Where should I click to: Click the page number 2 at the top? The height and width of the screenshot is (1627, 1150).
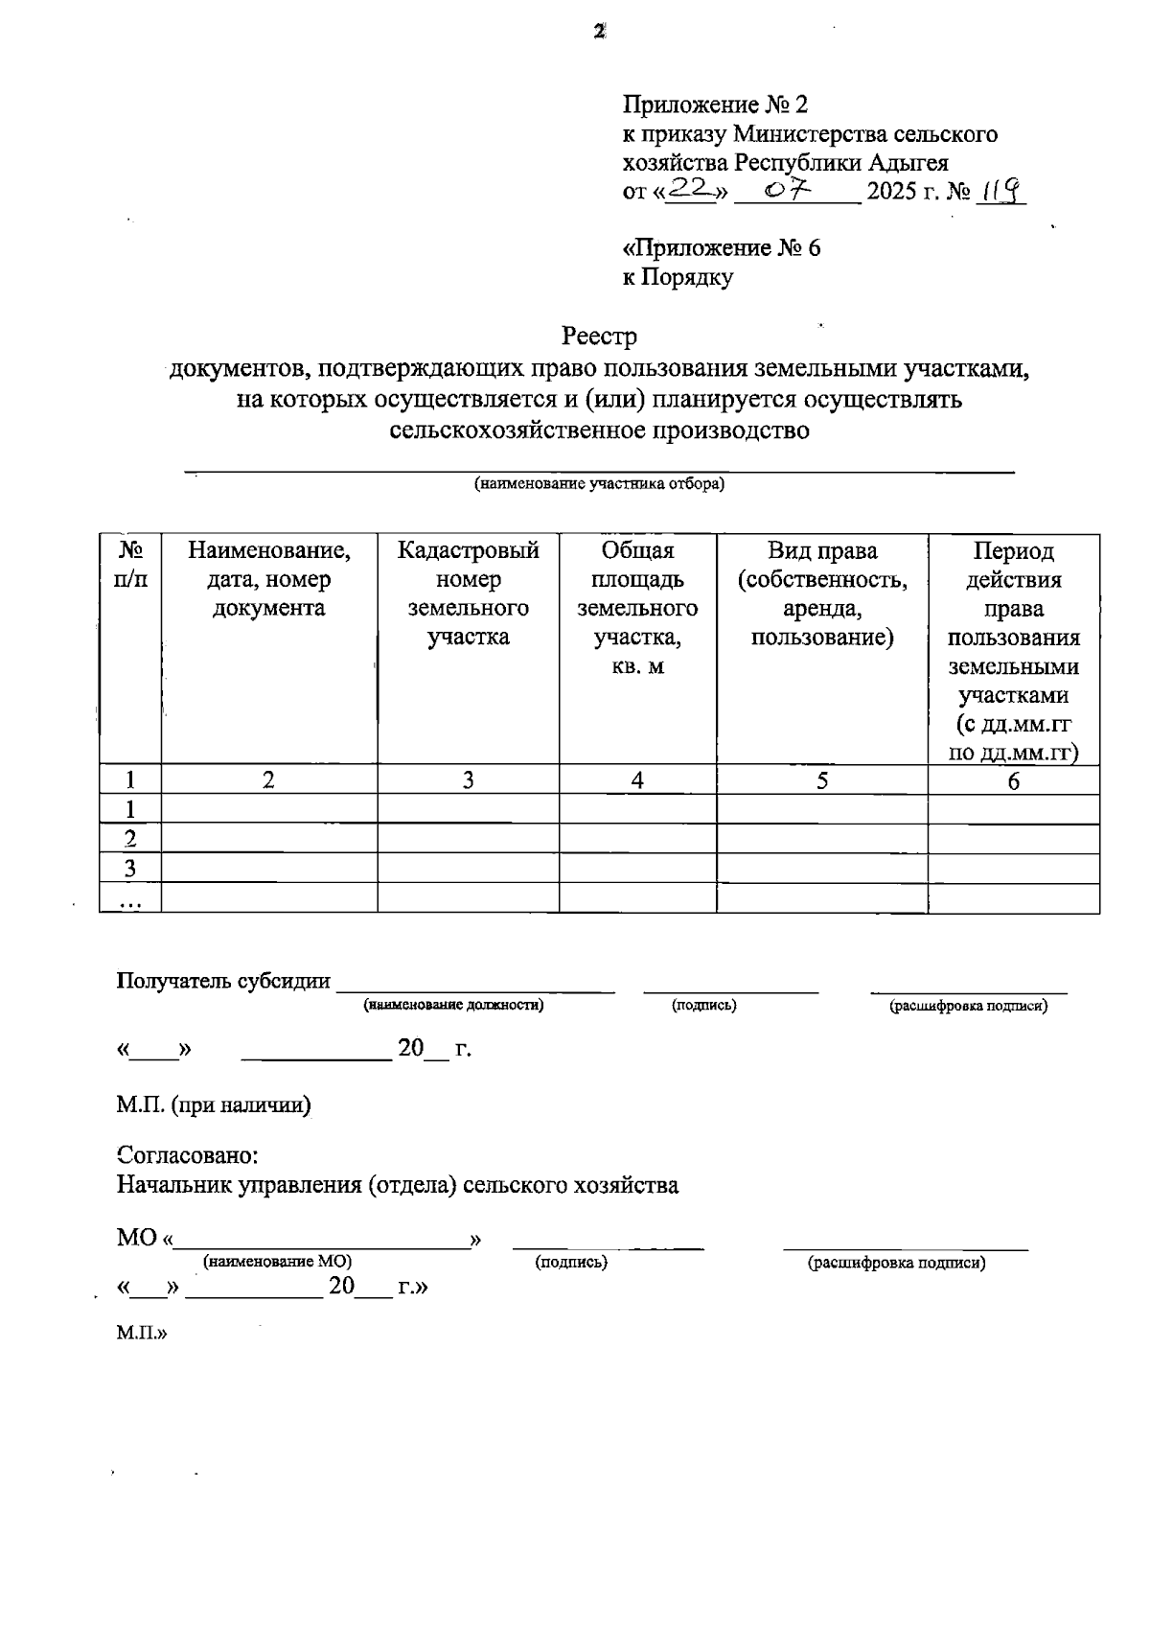tap(599, 32)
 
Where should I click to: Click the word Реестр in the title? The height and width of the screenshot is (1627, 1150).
tap(599, 337)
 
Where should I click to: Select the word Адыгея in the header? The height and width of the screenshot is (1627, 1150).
tap(909, 162)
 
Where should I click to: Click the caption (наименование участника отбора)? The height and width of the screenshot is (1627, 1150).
tap(600, 484)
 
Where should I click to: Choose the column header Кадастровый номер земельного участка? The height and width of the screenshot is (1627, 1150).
tap(468, 593)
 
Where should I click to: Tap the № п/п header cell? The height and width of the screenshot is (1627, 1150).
tap(130, 565)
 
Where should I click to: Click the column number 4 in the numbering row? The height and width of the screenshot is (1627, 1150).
tap(637, 780)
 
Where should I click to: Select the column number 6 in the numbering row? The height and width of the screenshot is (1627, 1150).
tap(1013, 781)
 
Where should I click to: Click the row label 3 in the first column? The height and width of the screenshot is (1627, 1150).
tap(130, 869)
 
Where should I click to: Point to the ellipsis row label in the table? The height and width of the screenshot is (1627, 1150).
tap(130, 900)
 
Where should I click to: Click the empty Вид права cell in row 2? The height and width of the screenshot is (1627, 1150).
tap(821, 839)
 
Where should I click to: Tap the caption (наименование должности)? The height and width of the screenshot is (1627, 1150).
tap(453, 1006)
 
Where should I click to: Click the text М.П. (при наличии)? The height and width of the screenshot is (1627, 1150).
tap(214, 1105)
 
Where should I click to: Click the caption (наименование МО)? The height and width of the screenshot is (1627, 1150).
tap(277, 1263)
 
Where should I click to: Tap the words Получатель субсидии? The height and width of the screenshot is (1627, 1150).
tap(223, 981)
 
